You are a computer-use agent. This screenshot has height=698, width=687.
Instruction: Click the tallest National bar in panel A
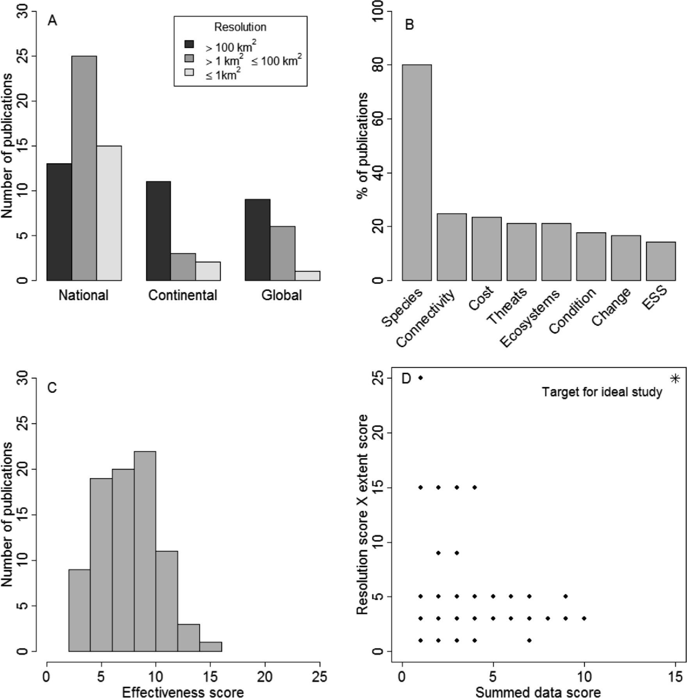84,168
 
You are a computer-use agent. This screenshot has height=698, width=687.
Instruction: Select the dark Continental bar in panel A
158,231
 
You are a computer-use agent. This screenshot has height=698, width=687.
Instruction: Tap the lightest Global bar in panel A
307,276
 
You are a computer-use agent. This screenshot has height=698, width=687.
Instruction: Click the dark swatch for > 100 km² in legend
189,44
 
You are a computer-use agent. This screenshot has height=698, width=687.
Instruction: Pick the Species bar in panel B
416,172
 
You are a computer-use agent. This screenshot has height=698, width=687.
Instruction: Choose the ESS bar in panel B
660,261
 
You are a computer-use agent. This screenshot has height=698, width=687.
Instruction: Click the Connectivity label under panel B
425,319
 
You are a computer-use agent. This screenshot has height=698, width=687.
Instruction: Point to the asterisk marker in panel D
675,378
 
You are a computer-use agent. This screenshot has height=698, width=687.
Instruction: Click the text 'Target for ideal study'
602,392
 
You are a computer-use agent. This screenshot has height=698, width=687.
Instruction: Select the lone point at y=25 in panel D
420,378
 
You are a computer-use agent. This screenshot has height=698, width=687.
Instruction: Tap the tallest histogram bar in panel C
145,551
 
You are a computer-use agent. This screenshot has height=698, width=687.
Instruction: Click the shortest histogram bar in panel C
210,646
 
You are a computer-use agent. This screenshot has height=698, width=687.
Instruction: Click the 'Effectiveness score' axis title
183,692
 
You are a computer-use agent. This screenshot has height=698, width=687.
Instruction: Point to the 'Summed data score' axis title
538,692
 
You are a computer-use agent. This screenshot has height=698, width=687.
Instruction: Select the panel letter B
409,25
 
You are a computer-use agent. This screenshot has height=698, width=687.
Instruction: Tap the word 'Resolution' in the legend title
240,27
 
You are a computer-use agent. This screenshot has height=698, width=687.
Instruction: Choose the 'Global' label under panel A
281,295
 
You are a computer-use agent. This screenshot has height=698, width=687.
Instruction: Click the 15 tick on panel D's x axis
675,677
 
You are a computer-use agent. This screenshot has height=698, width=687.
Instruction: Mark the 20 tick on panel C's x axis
265,677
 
